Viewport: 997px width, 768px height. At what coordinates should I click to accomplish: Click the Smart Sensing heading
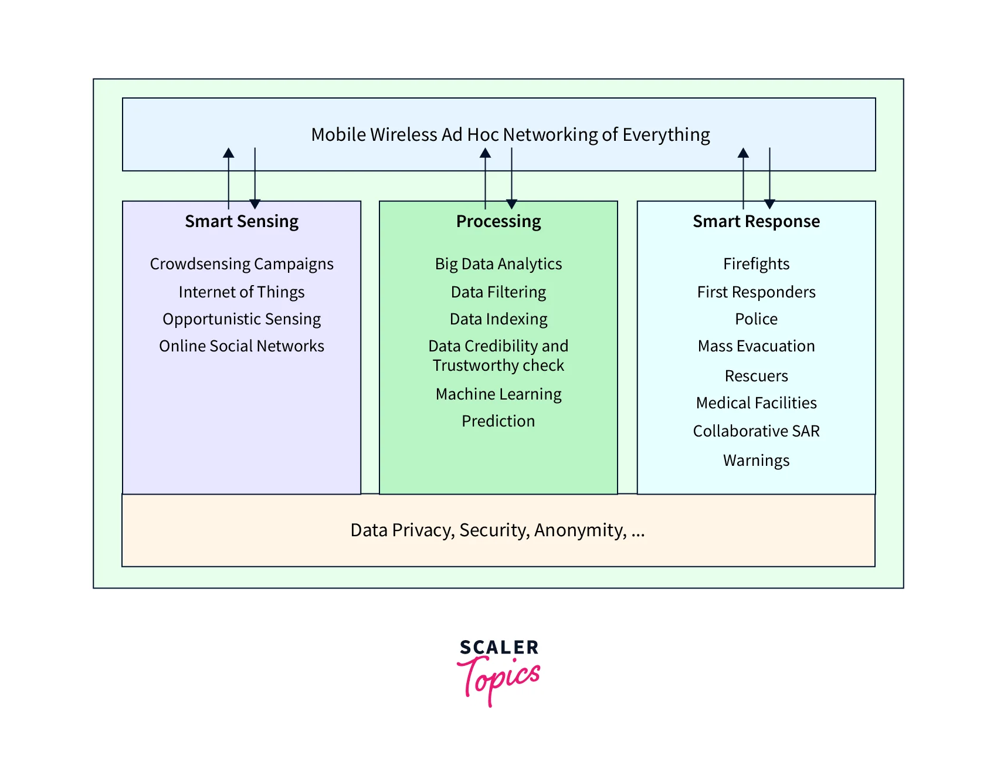point(242,221)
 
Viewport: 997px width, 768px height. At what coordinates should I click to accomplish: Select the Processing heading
point(498,221)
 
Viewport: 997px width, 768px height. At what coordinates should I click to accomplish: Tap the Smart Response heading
point(756,221)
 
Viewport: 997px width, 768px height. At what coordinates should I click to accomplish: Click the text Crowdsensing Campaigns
point(242,264)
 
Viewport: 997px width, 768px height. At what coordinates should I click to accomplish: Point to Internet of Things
point(242,292)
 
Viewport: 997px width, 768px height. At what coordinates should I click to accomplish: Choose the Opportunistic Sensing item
point(242,319)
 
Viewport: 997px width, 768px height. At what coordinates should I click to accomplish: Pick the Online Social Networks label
point(242,346)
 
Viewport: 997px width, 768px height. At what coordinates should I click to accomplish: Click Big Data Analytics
point(498,264)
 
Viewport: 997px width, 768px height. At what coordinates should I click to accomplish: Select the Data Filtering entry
point(498,292)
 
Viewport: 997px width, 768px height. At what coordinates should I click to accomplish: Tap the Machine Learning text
point(498,394)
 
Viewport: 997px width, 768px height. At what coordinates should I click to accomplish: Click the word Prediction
point(498,421)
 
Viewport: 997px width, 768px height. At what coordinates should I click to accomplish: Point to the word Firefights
point(756,264)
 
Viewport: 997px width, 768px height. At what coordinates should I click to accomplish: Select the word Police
point(756,319)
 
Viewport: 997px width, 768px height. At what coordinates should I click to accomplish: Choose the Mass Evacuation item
point(756,346)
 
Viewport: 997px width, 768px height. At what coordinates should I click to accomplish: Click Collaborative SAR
point(756,431)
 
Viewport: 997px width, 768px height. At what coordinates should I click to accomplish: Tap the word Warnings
point(756,461)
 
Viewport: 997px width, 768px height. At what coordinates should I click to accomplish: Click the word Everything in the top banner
point(666,135)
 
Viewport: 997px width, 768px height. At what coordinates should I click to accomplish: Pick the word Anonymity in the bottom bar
point(580,530)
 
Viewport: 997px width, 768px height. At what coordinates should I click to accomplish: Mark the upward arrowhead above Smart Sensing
point(229,153)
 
